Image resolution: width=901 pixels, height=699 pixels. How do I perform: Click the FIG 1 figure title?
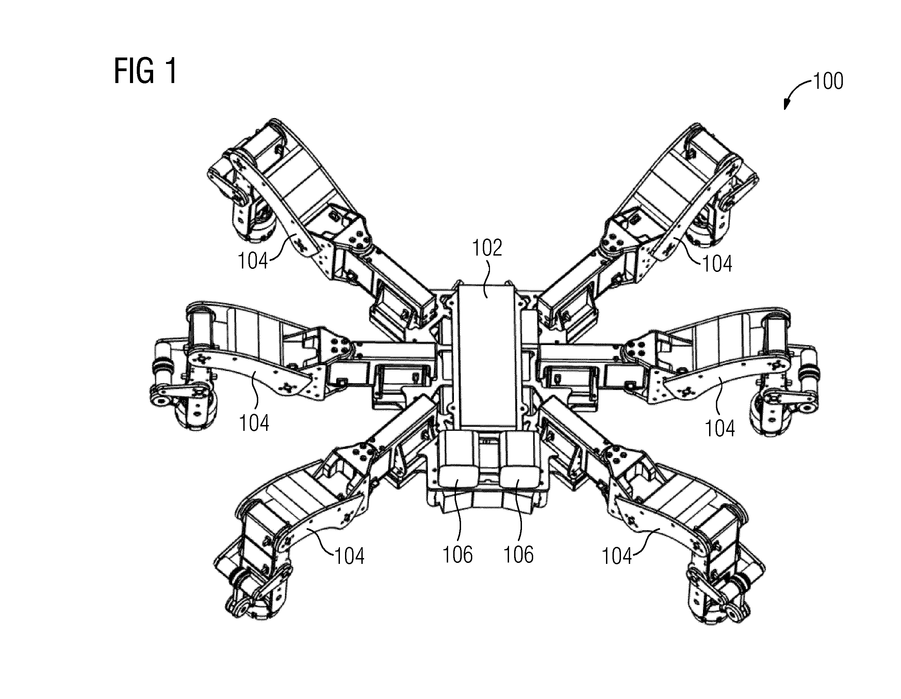(x=145, y=71)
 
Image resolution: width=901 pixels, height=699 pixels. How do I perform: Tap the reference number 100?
(x=828, y=81)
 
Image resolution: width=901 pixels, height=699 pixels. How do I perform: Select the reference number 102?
(x=487, y=248)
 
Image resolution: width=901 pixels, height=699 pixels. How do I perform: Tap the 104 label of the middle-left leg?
(x=254, y=423)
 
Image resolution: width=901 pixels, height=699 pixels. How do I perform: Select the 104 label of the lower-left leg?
(x=349, y=556)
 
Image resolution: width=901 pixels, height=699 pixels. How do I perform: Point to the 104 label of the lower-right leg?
(x=617, y=556)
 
